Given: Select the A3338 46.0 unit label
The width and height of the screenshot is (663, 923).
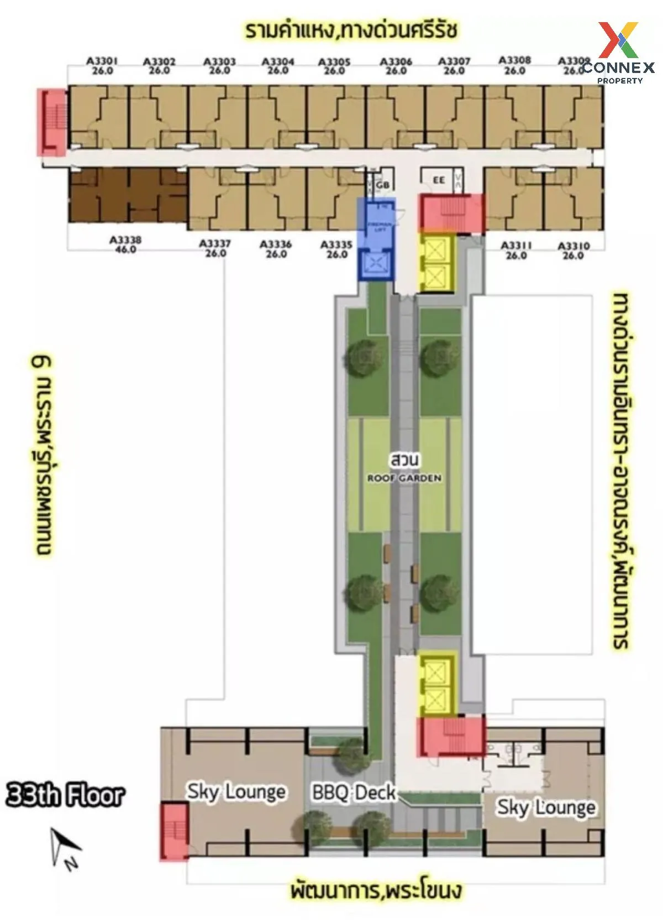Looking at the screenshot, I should [x=125, y=244].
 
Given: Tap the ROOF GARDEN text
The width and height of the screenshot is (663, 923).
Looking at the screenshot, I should [x=404, y=478].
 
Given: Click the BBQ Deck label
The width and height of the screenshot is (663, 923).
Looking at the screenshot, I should [x=354, y=792].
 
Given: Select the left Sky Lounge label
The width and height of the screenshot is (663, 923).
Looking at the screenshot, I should [x=236, y=791].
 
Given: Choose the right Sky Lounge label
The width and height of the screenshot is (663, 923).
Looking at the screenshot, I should [x=546, y=807].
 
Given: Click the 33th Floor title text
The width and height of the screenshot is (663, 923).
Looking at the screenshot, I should [x=65, y=795].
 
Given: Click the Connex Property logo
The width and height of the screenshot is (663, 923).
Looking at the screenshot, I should [x=619, y=53].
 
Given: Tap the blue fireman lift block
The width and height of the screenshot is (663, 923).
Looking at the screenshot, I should [x=375, y=239].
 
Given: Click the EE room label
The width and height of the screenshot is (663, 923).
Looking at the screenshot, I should [x=439, y=180].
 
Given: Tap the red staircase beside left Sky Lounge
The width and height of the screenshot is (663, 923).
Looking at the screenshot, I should [x=174, y=832].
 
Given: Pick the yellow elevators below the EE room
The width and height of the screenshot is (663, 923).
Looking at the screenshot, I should [x=435, y=262].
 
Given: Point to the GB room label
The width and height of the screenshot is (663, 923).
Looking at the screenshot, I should [x=383, y=185].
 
